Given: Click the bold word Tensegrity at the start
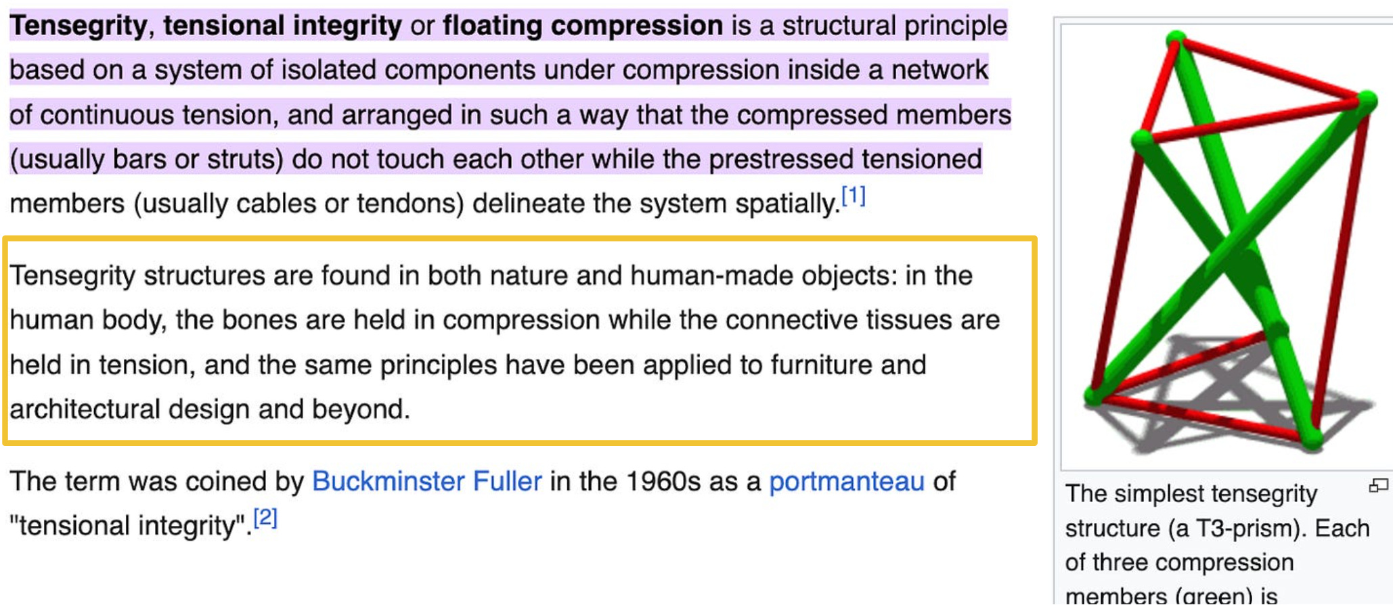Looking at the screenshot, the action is pos(78,26).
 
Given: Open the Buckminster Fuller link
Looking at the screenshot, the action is pos(426,481).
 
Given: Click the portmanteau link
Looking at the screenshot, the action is pos(846,481).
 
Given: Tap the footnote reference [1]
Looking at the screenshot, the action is pos(853,196).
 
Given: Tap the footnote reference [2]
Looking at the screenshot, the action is pos(265,518).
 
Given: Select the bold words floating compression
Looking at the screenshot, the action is pos(583,26).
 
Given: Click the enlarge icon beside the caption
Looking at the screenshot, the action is pos(1378,485).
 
